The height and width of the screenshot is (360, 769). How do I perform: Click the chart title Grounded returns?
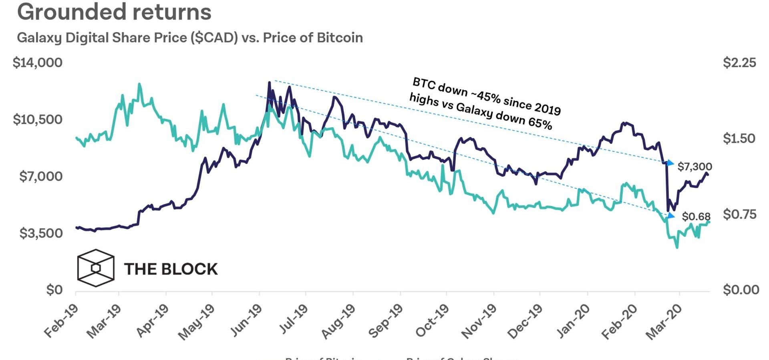tap(114, 12)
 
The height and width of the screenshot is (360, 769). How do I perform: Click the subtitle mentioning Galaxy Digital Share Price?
tap(190, 38)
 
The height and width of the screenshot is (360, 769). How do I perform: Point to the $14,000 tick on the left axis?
tap(38, 62)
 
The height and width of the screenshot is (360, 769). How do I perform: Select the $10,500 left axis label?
tap(38, 119)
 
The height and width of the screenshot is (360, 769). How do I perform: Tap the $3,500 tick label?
tap(41, 233)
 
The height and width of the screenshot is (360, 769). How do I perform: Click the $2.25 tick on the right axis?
tap(739, 62)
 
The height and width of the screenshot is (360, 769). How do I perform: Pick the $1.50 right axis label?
tap(739, 139)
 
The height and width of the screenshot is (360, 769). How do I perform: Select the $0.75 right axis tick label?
tap(739, 214)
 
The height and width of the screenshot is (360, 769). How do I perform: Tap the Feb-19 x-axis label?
tap(61, 321)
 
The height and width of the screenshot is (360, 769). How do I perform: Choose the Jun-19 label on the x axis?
tap(246, 321)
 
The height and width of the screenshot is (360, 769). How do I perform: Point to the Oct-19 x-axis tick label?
tap(432, 321)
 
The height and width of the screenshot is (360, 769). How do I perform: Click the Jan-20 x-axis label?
tap(573, 321)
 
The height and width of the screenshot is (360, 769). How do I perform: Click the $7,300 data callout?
tap(695, 167)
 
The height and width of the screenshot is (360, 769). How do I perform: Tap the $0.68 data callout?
tap(696, 217)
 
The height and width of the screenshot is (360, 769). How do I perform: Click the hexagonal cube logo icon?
tap(96, 268)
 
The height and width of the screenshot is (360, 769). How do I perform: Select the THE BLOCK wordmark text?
tap(171, 269)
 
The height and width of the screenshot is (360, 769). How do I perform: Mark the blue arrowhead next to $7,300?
tap(670, 163)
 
